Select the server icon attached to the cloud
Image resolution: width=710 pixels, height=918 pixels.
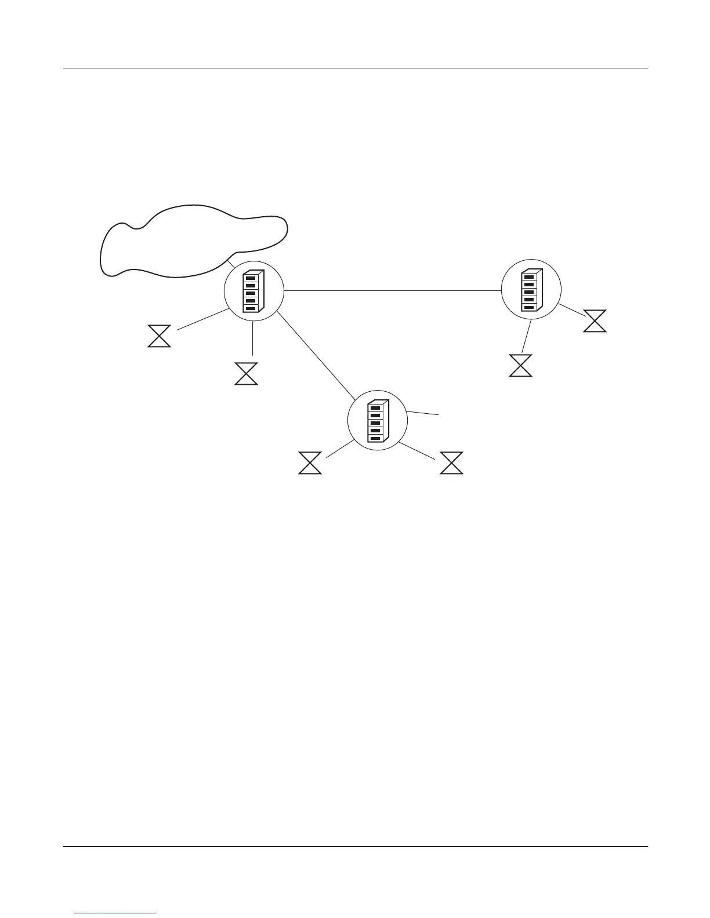point(253,291)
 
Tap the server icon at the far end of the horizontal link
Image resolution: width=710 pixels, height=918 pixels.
point(531,289)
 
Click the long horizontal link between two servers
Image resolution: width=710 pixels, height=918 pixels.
point(392,290)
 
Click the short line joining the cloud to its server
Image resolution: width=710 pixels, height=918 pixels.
point(232,261)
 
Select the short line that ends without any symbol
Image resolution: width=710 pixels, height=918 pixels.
point(423,413)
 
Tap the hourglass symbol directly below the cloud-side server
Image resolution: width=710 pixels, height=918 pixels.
point(246,374)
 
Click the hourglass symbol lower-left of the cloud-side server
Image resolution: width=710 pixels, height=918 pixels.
point(160,336)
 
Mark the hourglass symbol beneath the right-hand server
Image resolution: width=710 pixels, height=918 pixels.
point(520,366)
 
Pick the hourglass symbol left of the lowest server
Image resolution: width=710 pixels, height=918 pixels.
point(310,463)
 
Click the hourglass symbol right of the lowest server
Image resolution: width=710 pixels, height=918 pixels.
point(452,463)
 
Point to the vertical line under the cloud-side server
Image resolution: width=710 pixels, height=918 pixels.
point(253,338)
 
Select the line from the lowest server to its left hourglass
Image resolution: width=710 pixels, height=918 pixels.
point(340,449)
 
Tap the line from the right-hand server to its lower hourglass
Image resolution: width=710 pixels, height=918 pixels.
point(527,336)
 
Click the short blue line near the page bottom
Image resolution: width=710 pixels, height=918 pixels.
point(115,913)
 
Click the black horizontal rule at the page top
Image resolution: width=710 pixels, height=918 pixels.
point(355,68)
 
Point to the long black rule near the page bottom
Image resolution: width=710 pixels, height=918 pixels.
point(355,847)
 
